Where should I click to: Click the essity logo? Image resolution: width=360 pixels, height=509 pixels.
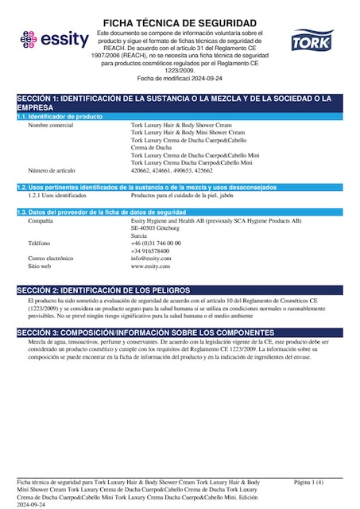coord(49,39)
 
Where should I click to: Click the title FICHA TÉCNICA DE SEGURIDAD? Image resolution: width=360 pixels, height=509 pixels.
coord(180,22)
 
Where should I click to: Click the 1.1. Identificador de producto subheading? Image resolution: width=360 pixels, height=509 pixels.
coord(60,117)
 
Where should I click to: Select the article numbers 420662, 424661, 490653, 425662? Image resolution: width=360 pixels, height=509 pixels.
coord(171,170)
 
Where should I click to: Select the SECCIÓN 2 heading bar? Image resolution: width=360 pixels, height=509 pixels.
coord(180,292)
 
